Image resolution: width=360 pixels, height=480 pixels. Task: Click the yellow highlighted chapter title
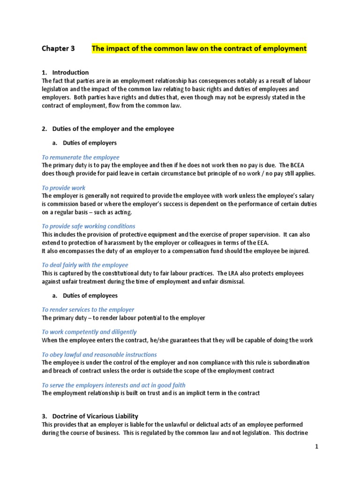pyautogui.click(x=199, y=48)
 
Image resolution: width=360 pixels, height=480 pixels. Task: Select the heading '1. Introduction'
pyautogui.click(x=65, y=72)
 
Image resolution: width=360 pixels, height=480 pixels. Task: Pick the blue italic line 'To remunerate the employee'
pyautogui.click(x=81, y=157)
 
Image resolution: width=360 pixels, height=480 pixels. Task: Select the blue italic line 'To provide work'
pyautogui.click(x=64, y=188)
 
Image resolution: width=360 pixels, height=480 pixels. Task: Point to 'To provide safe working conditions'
pyautogui.click(x=89, y=226)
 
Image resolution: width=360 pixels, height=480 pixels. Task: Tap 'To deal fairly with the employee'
pyautogui.click(x=85, y=265)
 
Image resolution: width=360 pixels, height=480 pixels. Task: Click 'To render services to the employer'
pyautogui.click(x=88, y=310)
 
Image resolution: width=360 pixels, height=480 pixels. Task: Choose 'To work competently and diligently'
pyautogui.click(x=89, y=332)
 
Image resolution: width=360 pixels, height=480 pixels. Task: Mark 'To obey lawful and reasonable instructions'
pyautogui.click(x=99, y=355)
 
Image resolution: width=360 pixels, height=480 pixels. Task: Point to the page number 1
pyautogui.click(x=317, y=447)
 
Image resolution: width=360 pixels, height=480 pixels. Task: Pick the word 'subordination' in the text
pyautogui.click(x=291, y=363)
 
